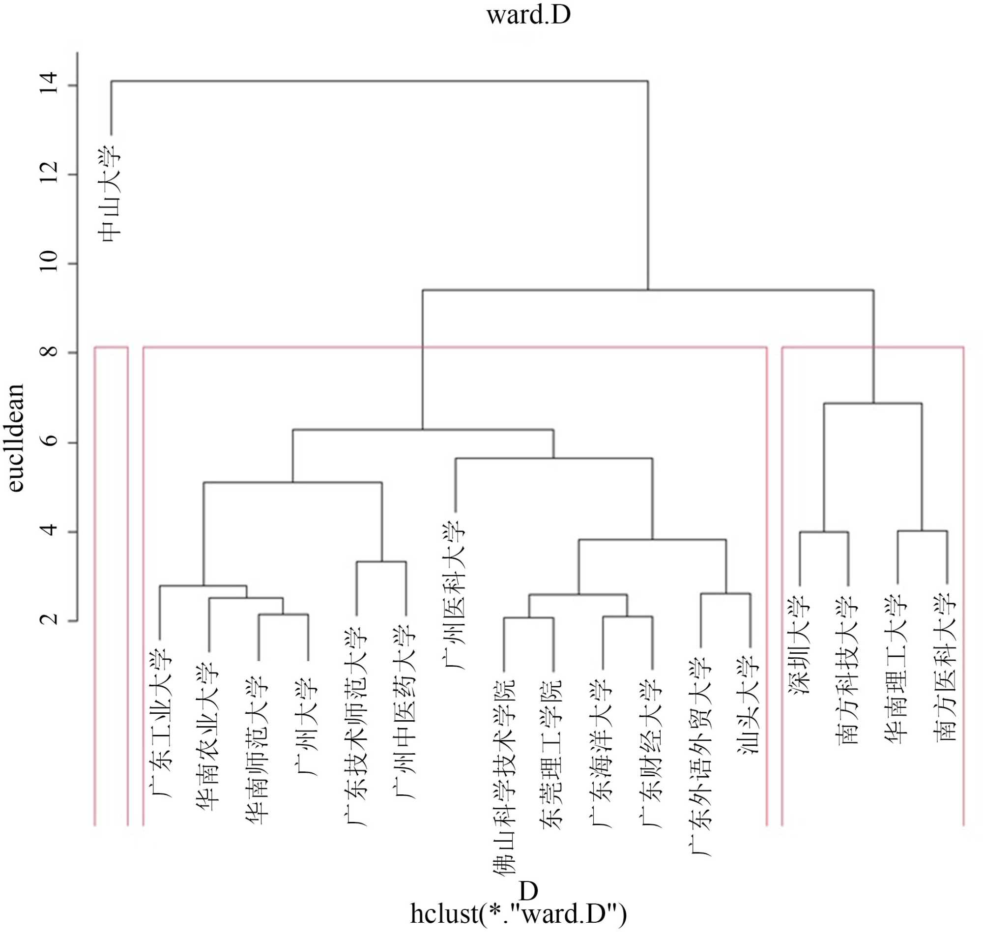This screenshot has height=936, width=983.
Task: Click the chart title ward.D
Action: pos(528,15)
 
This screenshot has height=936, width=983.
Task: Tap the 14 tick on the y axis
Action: pos(50,83)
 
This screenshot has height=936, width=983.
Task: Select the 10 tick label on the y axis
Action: pos(50,261)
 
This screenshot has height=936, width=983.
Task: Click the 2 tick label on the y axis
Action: pos(50,619)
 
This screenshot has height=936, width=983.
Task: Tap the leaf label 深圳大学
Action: pos(800,645)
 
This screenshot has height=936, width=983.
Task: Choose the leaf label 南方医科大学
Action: pos(946,668)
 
